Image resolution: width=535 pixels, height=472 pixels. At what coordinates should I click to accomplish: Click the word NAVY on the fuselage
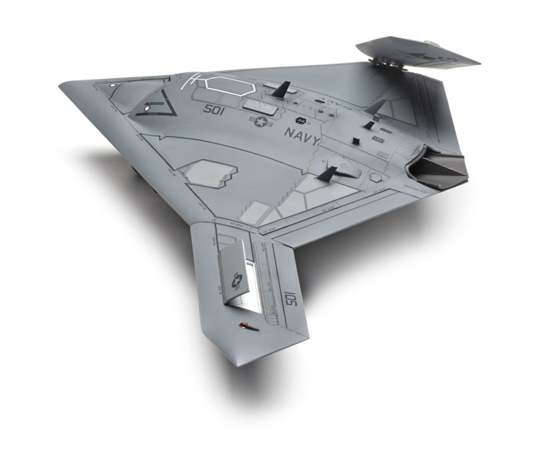click(302, 134)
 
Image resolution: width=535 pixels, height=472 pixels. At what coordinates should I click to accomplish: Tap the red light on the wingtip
click(244, 326)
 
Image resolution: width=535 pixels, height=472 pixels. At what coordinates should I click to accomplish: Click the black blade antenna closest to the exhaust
click(328, 174)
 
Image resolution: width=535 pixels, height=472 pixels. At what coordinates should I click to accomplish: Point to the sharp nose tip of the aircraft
click(61, 86)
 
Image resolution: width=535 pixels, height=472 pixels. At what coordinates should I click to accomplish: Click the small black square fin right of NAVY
click(356, 140)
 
